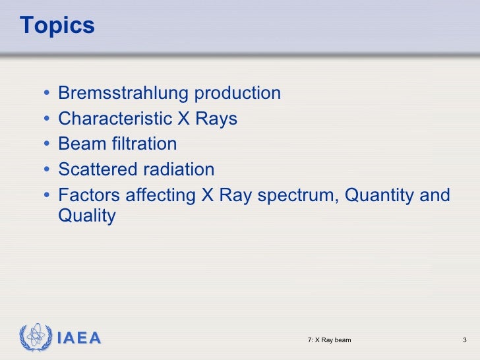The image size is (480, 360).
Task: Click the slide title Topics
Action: pyautogui.click(x=57, y=26)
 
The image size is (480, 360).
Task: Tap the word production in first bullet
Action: pyautogui.click(x=237, y=94)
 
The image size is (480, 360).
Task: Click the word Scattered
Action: pyautogui.click(x=96, y=170)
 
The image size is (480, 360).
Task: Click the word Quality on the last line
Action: pyautogui.click(x=87, y=216)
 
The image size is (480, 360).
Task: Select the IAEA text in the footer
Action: pyautogui.click(x=79, y=339)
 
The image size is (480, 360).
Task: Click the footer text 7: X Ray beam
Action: pyautogui.click(x=329, y=340)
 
